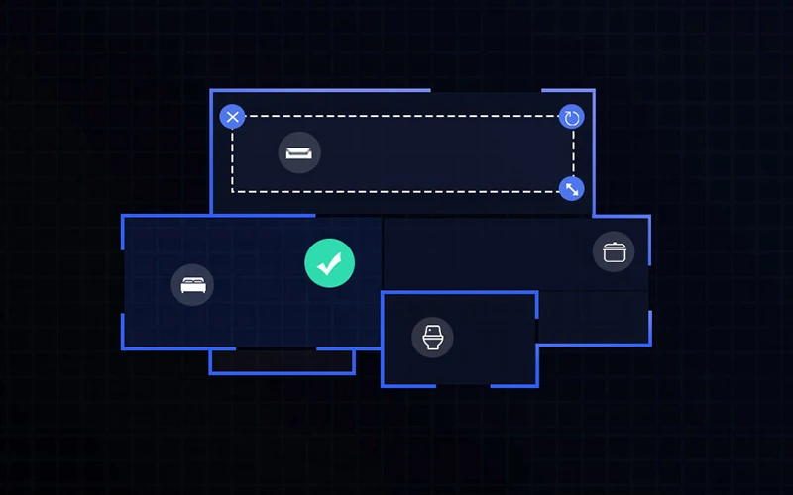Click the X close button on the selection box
[232, 118]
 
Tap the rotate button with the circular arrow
[571, 118]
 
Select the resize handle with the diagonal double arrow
[571, 188]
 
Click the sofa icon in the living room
[299, 153]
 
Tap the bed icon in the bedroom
[192, 285]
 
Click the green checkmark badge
[329, 263]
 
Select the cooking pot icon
[614, 251]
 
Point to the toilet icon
[432, 338]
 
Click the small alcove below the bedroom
[282, 360]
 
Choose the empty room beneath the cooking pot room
[592, 317]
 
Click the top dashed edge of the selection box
[396, 116]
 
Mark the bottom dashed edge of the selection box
[396, 191]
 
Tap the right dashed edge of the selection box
[573, 153]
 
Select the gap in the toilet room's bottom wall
[463, 385]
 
